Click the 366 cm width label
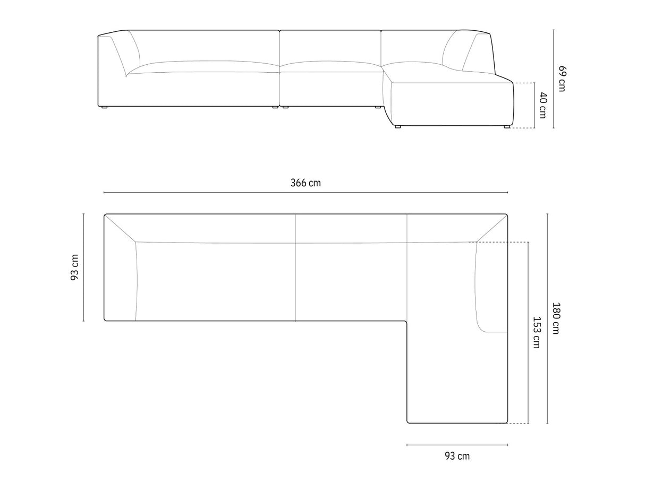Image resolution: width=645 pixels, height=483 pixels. pos(305,183)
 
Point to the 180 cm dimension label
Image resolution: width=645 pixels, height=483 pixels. pos(555,318)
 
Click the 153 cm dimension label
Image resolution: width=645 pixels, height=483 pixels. pos(536,332)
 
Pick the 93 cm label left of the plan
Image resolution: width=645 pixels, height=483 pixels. pos(74,268)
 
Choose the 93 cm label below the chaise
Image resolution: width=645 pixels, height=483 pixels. pos(457,456)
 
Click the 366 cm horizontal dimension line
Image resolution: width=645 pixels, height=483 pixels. pos(305,193)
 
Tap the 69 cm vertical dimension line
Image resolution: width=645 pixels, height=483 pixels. pos(554,79)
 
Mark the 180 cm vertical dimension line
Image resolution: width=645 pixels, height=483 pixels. pos(547,318)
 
